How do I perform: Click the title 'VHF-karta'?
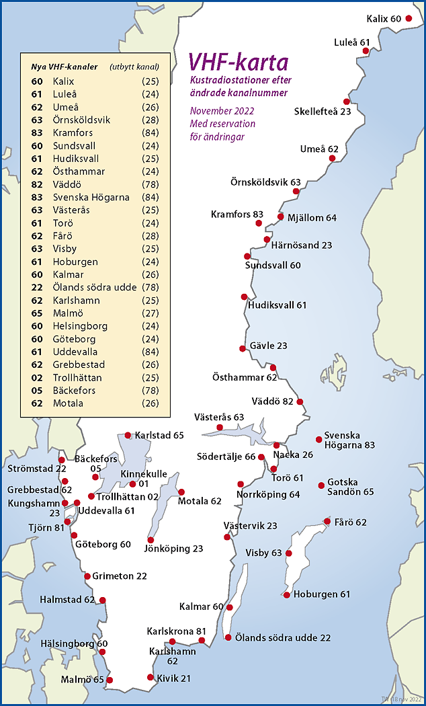point(238,63)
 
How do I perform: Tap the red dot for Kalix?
point(408,19)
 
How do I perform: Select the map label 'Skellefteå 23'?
point(323,112)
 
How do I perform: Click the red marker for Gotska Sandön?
point(321,485)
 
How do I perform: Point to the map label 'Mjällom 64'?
point(312,218)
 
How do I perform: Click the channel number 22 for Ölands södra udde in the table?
point(37,287)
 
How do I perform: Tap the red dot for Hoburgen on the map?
point(287,595)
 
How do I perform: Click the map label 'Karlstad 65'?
point(159,436)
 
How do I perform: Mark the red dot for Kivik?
point(151,678)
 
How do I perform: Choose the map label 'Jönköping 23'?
point(173,549)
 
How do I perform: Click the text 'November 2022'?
point(222,111)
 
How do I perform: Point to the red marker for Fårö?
point(327,521)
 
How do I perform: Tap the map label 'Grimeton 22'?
point(120,576)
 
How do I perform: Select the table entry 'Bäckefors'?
point(74,390)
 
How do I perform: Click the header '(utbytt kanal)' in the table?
point(134,67)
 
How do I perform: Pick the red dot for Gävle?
point(243,348)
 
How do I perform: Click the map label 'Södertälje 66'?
point(226,457)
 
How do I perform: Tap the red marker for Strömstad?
point(62,460)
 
